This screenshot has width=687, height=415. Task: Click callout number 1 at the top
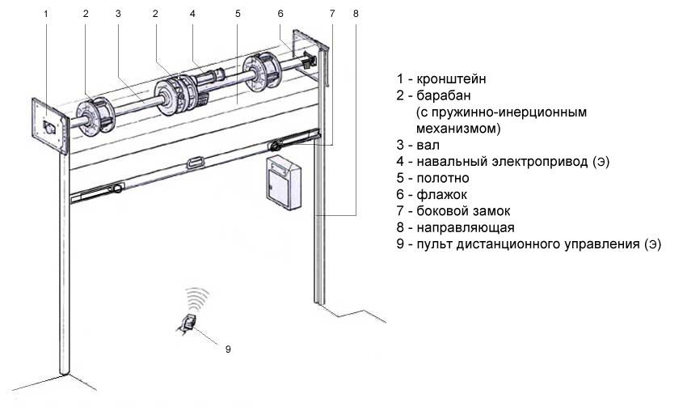(46, 14)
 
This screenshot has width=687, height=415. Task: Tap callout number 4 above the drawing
(192, 14)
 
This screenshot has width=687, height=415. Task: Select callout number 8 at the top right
(356, 14)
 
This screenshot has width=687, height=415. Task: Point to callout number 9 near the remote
(228, 349)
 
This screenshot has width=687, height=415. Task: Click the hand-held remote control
(188, 323)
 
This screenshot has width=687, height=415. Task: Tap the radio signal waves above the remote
(196, 298)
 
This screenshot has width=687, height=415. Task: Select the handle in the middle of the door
(196, 163)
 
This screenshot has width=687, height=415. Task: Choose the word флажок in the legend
(441, 194)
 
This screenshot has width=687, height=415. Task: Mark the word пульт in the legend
(432, 243)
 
